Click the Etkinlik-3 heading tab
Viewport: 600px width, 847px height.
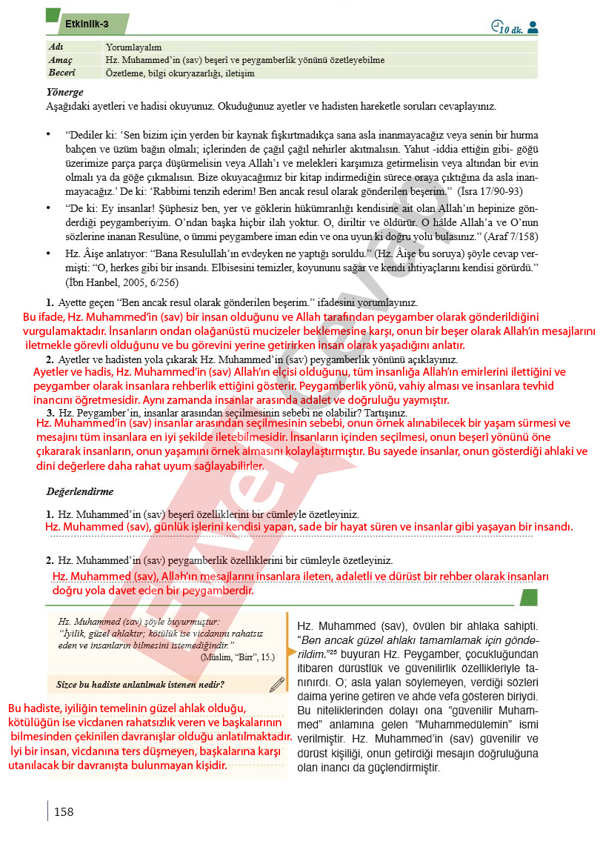tap(87, 24)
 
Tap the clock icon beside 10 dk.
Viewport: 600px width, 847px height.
tap(496, 27)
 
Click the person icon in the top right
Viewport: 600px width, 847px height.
tap(533, 27)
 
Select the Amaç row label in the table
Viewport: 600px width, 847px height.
tap(61, 59)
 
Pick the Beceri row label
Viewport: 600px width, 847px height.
tap(62, 73)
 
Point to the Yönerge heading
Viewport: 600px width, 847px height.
tap(64, 93)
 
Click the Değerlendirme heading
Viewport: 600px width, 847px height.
tap(80, 491)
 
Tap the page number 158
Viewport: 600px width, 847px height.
tap(64, 812)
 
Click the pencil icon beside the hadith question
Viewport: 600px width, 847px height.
tap(277, 683)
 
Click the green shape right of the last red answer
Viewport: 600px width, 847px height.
tap(528, 597)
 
